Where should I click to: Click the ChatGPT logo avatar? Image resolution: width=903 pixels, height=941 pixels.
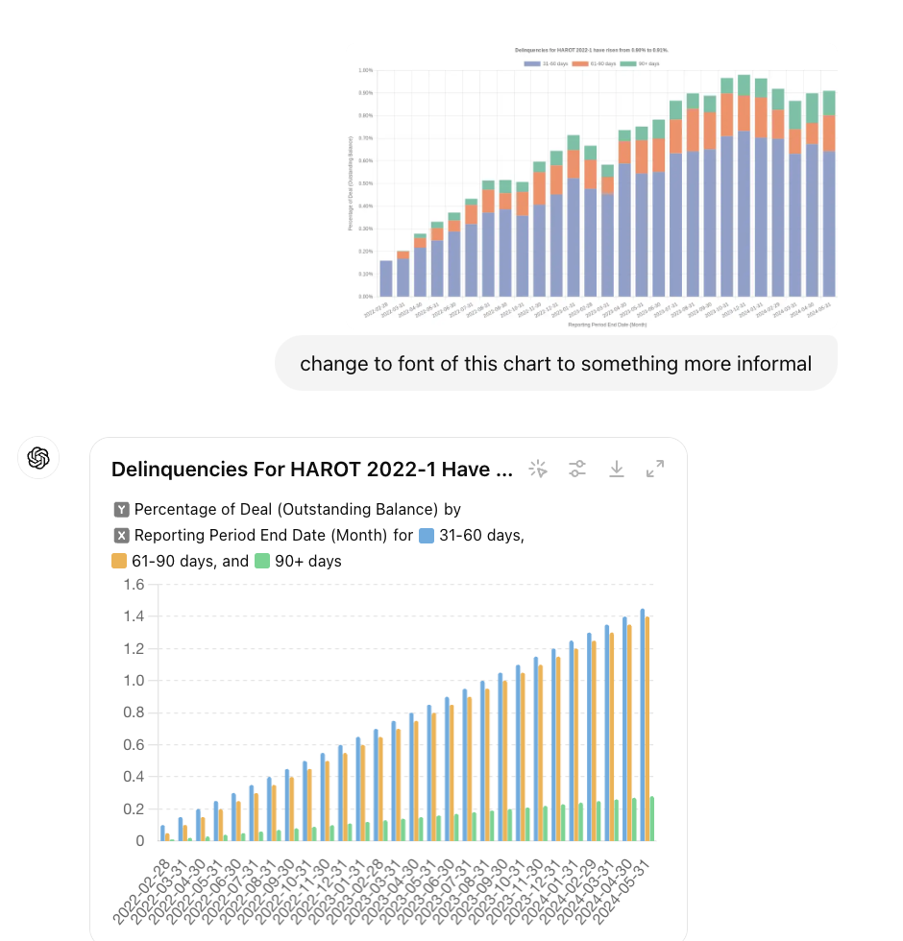[38, 458]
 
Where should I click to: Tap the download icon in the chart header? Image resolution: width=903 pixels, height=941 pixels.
[617, 469]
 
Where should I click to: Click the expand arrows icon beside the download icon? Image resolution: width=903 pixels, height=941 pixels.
[655, 469]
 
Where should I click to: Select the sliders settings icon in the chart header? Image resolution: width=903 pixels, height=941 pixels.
[576, 469]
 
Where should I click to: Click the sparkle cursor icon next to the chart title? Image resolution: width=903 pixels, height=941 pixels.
[538, 469]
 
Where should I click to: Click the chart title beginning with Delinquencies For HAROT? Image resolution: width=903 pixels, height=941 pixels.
[312, 470]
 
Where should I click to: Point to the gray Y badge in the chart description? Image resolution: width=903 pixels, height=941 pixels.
[122, 510]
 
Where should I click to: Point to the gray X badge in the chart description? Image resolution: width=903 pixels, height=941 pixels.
[122, 536]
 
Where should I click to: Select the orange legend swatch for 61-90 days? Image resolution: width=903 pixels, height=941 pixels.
[120, 562]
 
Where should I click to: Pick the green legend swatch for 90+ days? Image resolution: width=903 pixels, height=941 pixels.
[262, 562]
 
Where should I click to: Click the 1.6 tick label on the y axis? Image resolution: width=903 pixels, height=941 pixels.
[134, 585]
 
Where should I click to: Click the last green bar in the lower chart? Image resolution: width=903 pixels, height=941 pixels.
[652, 819]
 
